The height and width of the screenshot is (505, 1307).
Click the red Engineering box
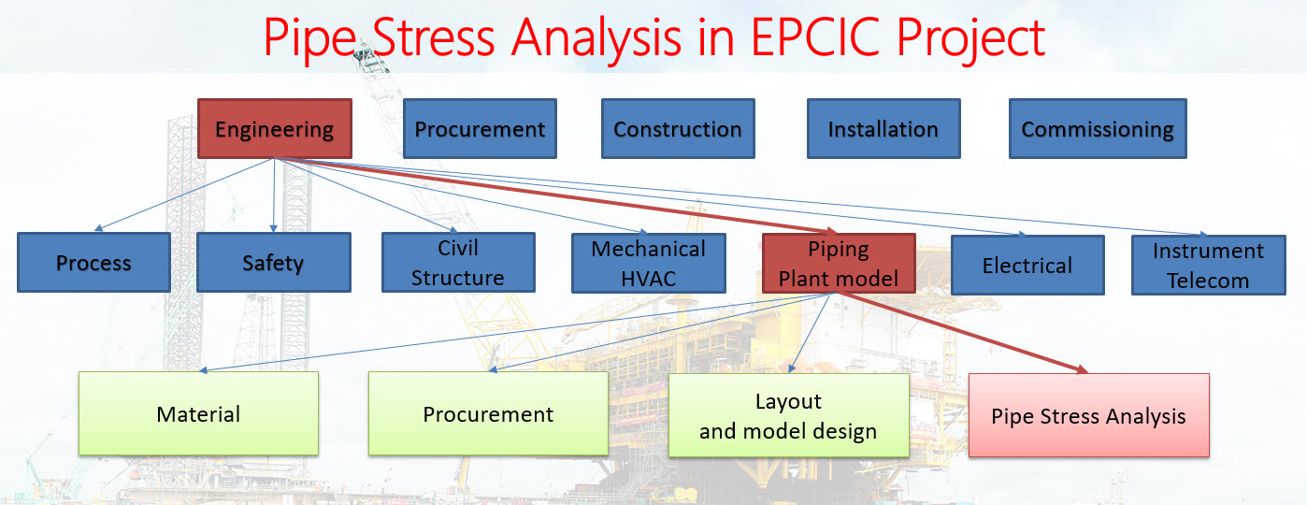click(274, 128)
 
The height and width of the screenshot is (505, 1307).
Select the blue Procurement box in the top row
click(480, 128)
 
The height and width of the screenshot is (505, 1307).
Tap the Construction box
click(678, 128)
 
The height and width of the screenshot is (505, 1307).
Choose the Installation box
click(883, 128)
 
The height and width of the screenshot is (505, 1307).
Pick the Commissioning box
click(1097, 128)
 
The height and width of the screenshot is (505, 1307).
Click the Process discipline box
click(93, 263)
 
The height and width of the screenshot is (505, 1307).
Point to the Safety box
click(273, 263)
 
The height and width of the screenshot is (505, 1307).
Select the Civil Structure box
click(458, 263)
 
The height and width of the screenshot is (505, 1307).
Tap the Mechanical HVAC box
click(649, 263)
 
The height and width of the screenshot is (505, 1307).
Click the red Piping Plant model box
click(839, 263)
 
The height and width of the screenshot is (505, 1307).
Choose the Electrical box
click(1027, 265)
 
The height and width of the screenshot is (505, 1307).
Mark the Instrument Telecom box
click(1207, 265)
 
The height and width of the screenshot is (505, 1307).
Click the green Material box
click(198, 413)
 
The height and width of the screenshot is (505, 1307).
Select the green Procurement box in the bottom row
click(488, 413)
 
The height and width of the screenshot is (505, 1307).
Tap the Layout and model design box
click(788, 415)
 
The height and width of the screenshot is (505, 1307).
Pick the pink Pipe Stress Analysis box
click(1088, 416)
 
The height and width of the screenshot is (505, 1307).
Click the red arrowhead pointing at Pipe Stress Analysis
click(1083, 370)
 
